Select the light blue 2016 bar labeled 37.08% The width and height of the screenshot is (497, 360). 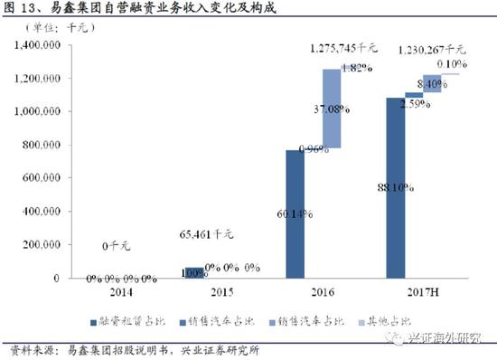click(x=331, y=109)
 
